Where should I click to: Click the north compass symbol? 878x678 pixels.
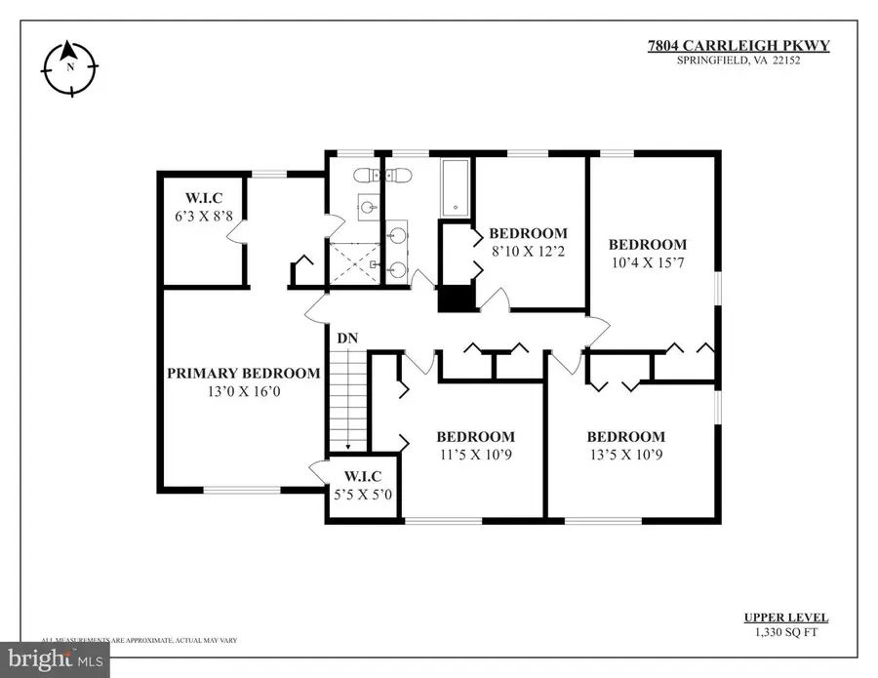(70, 67)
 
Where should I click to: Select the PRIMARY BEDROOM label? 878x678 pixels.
(243, 373)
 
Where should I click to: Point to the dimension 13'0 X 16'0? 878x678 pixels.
(243, 391)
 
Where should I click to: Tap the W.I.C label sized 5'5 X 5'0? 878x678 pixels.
(362, 476)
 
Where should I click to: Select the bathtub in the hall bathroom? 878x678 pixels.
(456, 186)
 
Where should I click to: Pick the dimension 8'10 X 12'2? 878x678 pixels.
(527, 252)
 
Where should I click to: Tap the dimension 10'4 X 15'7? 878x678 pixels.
(647, 262)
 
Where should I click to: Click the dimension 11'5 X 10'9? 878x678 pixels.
(475, 455)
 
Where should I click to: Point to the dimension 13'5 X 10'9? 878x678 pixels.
(625, 455)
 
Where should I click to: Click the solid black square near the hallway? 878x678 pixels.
(455, 298)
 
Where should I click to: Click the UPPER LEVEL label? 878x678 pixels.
(786, 618)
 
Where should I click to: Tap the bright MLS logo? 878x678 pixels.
(54, 659)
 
